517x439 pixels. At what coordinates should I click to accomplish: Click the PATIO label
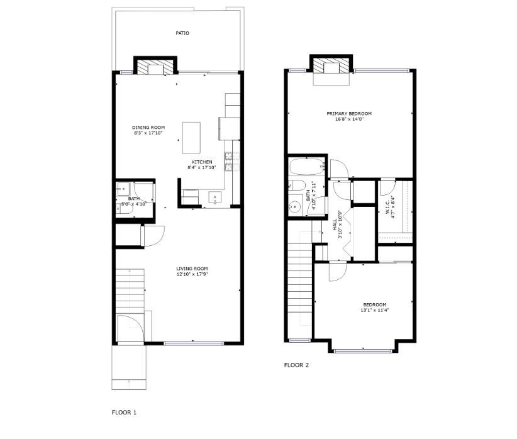click(x=182, y=33)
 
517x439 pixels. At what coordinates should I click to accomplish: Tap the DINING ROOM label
click(x=148, y=127)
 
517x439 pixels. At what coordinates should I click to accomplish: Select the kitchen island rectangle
click(x=191, y=138)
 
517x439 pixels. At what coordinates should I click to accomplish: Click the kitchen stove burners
click(x=228, y=161)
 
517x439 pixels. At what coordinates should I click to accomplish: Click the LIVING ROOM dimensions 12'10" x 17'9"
click(x=192, y=274)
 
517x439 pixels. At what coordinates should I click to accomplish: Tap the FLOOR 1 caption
click(x=124, y=413)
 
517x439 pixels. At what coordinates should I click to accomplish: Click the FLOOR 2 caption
click(x=296, y=365)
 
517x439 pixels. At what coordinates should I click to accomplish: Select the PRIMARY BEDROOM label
click(x=349, y=113)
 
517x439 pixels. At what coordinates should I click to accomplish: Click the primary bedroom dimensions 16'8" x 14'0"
click(x=349, y=119)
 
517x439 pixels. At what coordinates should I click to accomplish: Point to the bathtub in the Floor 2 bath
click(x=306, y=167)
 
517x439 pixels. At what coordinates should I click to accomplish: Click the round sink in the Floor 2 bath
click(x=295, y=206)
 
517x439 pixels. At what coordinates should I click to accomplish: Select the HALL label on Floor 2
click(x=335, y=225)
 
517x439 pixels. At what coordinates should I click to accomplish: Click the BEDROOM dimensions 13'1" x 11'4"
click(x=375, y=310)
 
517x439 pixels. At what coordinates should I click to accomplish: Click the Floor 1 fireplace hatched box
click(x=155, y=67)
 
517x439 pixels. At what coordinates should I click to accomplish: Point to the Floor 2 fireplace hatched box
click(x=331, y=65)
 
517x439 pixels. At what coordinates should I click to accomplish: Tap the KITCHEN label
click(x=202, y=162)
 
